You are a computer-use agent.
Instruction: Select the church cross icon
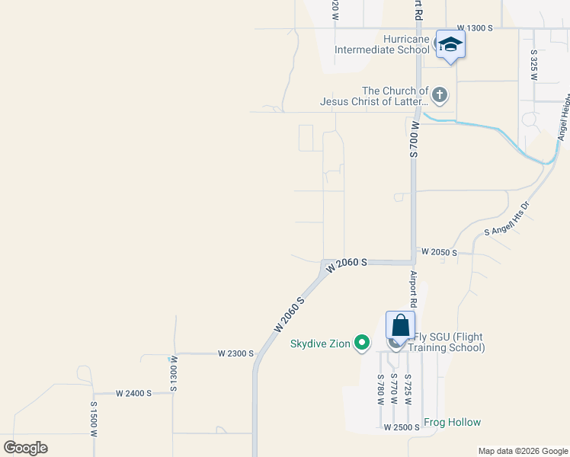(439, 95)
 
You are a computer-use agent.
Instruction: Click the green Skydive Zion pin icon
(363, 344)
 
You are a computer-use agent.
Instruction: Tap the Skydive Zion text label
(320, 344)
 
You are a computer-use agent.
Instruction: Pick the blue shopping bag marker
(400, 325)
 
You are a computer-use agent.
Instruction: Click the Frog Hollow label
(453, 422)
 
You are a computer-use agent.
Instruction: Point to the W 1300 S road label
(475, 27)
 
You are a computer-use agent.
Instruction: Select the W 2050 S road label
(438, 252)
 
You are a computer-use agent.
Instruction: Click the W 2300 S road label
(235, 353)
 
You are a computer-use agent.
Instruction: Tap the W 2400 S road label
(134, 393)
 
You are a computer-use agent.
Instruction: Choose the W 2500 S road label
(402, 427)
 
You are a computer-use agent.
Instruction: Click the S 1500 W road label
(94, 419)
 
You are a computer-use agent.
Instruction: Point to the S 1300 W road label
(174, 373)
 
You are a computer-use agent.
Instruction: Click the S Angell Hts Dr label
(507, 219)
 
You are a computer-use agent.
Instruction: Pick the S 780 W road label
(379, 390)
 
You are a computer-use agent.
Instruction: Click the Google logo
(25, 448)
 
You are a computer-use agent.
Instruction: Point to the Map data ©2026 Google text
(523, 451)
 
